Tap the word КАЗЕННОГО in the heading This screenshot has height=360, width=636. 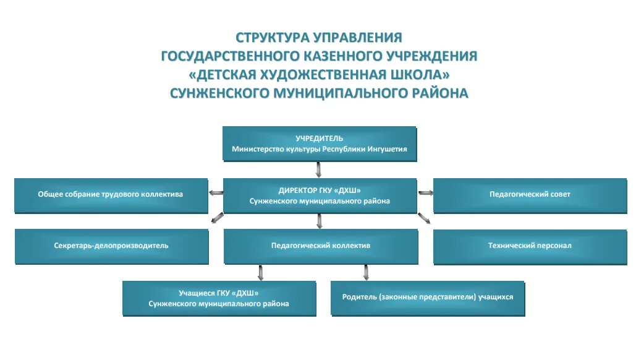point(342,56)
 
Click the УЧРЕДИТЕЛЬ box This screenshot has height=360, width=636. point(319,144)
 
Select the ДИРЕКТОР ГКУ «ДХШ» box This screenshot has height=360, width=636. point(319,195)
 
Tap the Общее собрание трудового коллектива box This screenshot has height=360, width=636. point(111,194)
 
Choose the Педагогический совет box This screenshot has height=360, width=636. point(530,194)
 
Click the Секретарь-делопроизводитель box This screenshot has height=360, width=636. point(111,246)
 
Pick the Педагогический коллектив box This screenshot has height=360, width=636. point(320,246)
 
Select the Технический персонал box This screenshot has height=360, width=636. point(530,246)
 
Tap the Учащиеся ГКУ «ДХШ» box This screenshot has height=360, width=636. point(219,298)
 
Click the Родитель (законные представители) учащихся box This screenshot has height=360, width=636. point(428,297)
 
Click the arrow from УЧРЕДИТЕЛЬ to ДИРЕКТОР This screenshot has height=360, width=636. point(319,169)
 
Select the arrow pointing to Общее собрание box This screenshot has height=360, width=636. point(216,193)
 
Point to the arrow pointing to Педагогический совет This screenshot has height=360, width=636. point(426,193)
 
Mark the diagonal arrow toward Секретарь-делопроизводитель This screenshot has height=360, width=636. point(217,218)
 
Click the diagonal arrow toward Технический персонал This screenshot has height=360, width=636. point(424,218)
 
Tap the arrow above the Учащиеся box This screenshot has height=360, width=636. point(261,272)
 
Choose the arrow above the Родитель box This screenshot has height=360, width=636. point(366,272)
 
